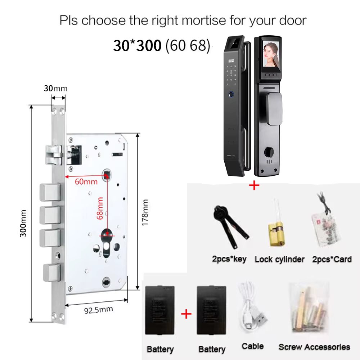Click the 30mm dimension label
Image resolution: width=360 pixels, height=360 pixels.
coord(55,89)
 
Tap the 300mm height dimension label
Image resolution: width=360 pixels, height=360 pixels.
coord(23,223)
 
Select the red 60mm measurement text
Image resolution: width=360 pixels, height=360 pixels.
coord(86,181)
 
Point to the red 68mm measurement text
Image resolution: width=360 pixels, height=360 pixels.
coord(100,208)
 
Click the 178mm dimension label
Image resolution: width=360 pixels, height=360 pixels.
coord(145,213)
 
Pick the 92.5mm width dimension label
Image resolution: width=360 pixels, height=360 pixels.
coord(99,310)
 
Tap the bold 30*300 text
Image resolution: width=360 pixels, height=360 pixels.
coord(137,45)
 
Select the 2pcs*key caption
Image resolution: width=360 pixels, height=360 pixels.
coord(229,259)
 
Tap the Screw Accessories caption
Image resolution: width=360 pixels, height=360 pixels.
coord(314,347)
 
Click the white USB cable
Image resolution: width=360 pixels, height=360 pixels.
coord(252,308)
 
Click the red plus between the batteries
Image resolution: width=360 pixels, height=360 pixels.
coord(186,314)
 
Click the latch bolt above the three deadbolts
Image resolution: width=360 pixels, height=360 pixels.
coord(54,155)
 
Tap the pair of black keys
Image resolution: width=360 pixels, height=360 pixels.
coord(230,226)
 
